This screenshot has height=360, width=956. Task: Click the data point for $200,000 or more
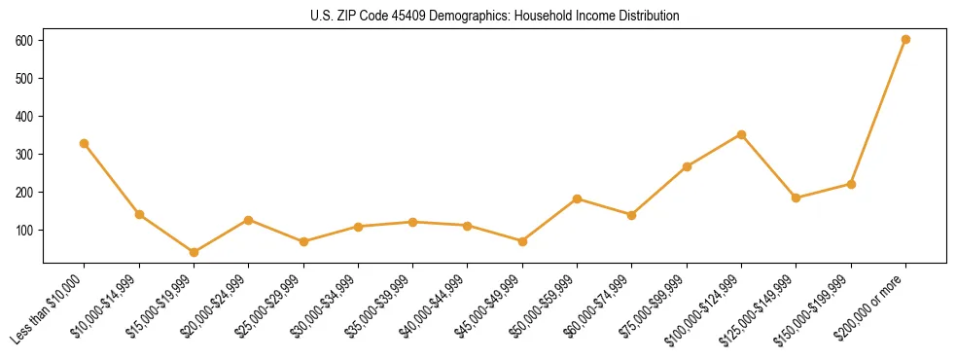[905, 40]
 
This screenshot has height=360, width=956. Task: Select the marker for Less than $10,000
[85, 143]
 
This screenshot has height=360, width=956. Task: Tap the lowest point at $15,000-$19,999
[194, 252]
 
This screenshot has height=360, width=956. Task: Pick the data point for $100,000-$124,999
[741, 134]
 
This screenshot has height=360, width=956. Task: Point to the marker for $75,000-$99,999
[687, 166]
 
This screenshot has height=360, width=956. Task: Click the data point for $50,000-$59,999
[577, 198]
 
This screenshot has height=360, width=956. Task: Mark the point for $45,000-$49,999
[522, 240]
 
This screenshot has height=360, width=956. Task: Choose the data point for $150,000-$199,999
[851, 184]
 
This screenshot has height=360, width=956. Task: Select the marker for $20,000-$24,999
[248, 220]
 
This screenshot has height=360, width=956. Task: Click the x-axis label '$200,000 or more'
[871, 302]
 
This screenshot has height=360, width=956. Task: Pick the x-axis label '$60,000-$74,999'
[599, 304]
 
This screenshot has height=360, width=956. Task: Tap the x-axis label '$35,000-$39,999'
[380, 304]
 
